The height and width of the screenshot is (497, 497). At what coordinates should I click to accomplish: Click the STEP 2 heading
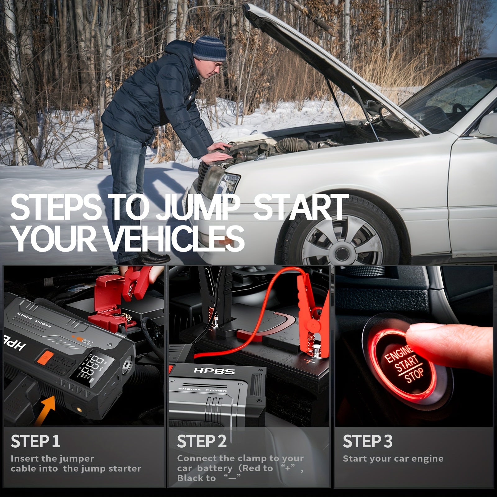(202, 441)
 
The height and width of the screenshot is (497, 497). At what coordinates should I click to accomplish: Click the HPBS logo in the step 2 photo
(214, 371)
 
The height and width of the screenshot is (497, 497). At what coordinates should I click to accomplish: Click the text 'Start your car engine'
(393, 459)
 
